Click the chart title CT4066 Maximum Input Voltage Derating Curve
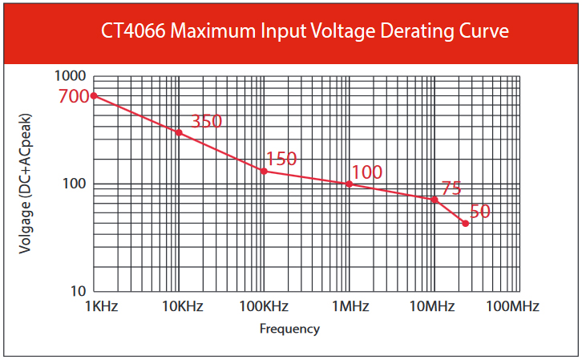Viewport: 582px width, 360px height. [305, 32]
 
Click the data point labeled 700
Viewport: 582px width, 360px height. [94, 95]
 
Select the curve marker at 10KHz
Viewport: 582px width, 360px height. [179, 132]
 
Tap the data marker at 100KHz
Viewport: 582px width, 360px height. [264, 171]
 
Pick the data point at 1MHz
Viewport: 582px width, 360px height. [350, 184]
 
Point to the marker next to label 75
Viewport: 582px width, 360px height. [434, 199]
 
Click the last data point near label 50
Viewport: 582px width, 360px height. [465, 223]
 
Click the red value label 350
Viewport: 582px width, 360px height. [206, 122]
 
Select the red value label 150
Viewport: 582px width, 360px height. [281, 159]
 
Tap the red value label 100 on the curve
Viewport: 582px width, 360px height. [366, 172]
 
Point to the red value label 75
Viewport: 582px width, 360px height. [451, 188]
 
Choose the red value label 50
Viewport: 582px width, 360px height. [479, 212]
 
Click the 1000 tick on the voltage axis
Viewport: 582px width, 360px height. [70, 76]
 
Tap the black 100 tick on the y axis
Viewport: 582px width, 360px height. [74, 184]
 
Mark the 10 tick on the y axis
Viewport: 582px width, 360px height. [78, 290]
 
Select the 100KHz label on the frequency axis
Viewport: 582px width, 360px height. [264, 306]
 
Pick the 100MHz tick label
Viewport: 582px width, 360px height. [512, 306]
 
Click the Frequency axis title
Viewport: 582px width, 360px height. [289, 329]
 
